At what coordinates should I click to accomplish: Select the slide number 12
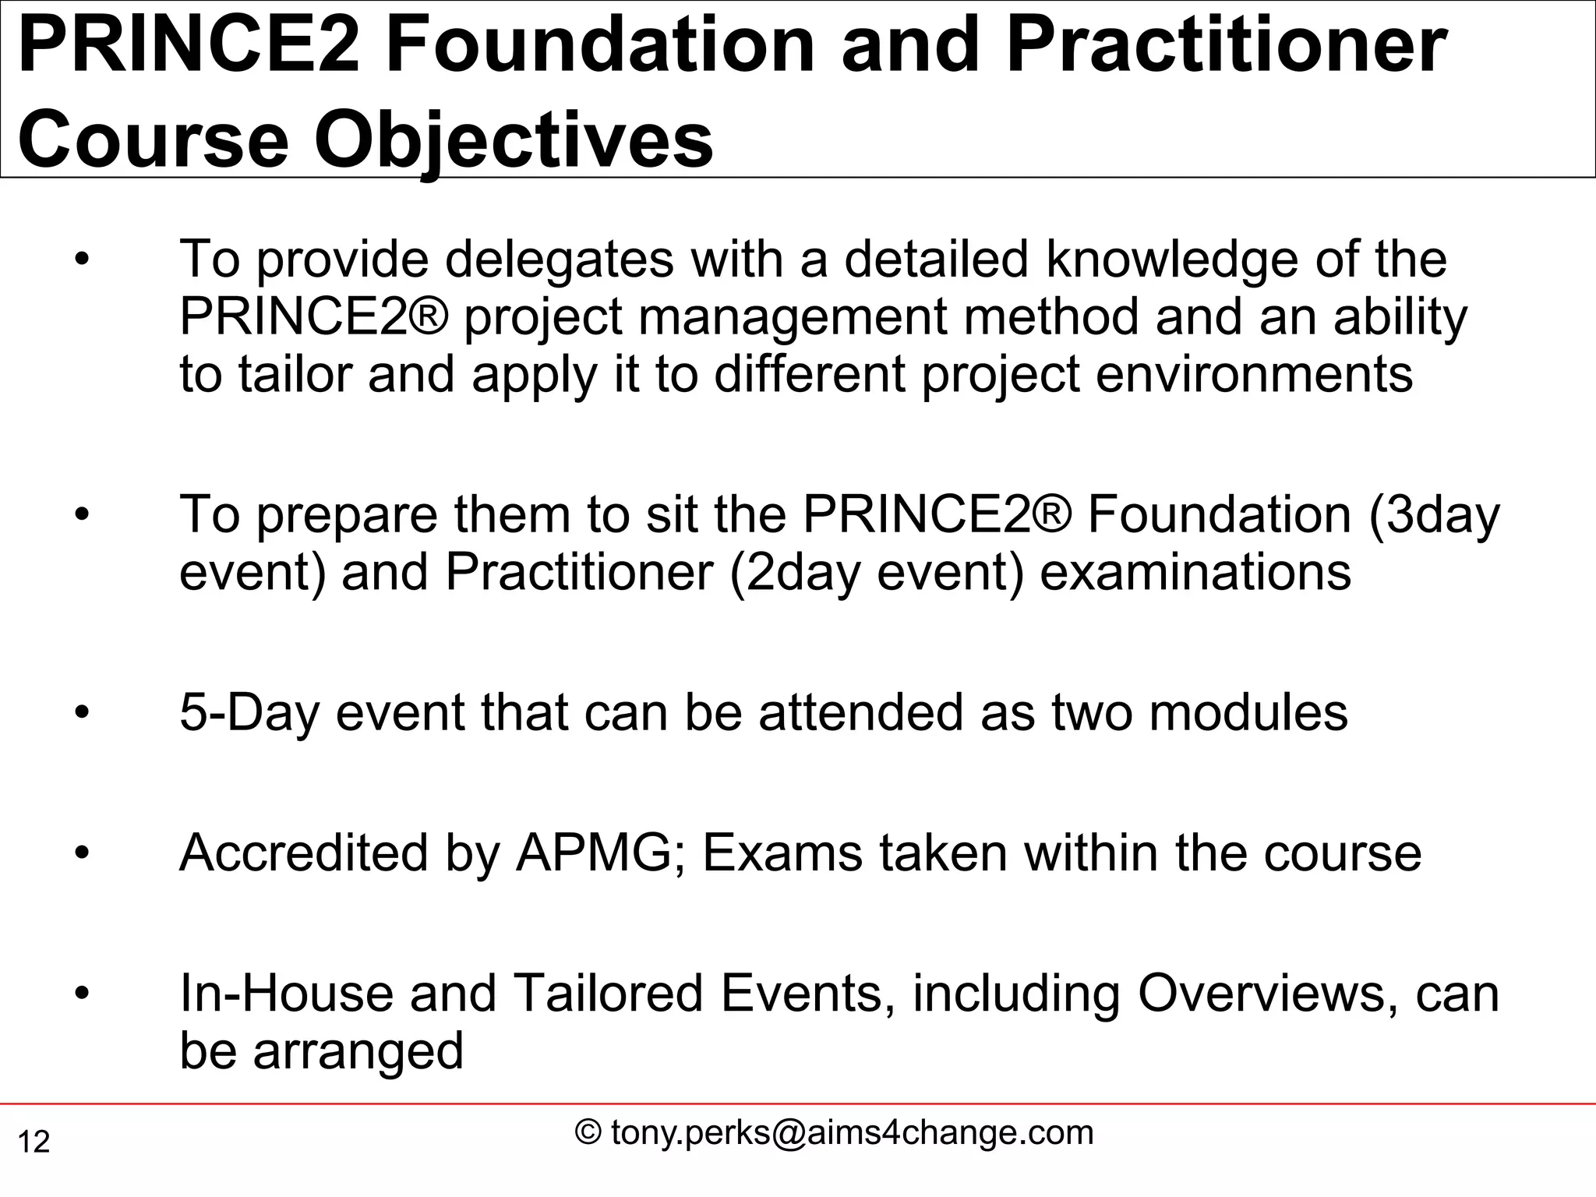tap(34, 1142)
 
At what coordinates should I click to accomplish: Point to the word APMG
tap(594, 853)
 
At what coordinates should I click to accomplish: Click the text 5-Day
tap(249, 712)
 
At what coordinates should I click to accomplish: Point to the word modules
tap(1248, 712)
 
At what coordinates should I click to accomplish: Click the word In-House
tap(286, 993)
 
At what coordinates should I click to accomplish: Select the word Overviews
tap(1267, 993)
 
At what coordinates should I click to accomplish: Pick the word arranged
tap(358, 1050)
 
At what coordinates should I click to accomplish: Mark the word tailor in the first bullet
tap(295, 374)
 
